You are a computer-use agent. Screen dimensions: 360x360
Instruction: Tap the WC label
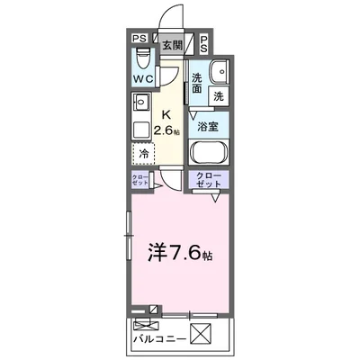[142, 79]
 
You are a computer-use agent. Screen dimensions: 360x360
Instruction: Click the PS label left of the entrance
[139, 39]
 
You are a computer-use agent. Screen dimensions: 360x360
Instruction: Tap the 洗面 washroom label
[197, 84]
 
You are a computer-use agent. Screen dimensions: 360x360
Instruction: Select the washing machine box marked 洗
[219, 94]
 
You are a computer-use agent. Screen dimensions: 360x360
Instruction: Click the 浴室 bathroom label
[208, 128]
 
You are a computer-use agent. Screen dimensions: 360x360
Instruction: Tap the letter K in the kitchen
[166, 115]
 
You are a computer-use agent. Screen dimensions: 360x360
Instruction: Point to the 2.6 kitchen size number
[164, 131]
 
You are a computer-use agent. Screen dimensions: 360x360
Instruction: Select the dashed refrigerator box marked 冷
[144, 154]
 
